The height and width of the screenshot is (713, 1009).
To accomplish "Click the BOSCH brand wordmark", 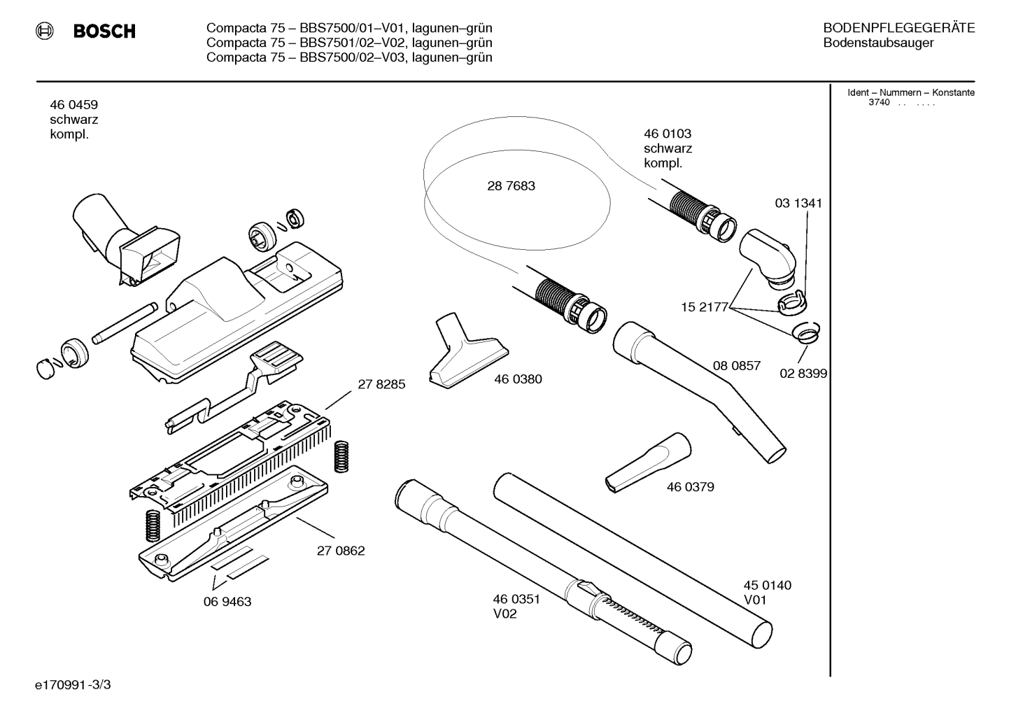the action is pyautogui.click(x=104, y=31).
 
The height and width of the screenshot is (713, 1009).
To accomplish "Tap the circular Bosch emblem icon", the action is pyautogui.click(x=44, y=31).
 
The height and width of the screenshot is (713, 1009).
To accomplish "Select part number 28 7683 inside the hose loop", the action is pyautogui.click(x=511, y=185).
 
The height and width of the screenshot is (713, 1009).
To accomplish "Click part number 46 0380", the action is pyautogui.click(x=518, y=379).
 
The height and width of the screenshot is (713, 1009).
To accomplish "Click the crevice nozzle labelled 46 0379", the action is pyautogui.click(x=648, y=463).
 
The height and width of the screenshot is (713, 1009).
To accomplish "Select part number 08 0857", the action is pyautogui.click(x=737, y=365).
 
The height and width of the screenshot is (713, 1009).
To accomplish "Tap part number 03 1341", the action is pyautogui.click(x=798, y=203).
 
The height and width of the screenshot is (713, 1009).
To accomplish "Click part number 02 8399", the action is pyautogui.click(x=803, y=374).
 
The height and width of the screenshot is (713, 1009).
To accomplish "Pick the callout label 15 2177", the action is pyautogui.click(x=705, y=307).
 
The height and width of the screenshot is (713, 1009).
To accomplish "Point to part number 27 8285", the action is pyautogui.click(x=381, y=384).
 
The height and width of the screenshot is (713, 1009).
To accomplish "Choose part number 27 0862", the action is pyautogui.click(x=341, y=551).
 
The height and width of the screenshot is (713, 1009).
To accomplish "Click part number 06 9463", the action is pyautogui.click(x=227, y=602).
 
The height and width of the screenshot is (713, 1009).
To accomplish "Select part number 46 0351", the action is pyautogui.click(x=516, y=599).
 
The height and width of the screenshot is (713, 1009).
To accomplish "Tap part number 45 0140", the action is pyautogui.click(x=767, y=585).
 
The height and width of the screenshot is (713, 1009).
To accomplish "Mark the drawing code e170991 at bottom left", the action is pyautogui.click(x=60, y=685).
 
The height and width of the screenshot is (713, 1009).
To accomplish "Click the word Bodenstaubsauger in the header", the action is pyautogui.click(x=878, y=43).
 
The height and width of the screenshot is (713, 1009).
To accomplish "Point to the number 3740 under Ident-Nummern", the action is pyautogui.click(x=880, y=102).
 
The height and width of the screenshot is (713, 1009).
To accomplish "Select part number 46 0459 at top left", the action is pyautogui.click(x=74, y=104).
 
